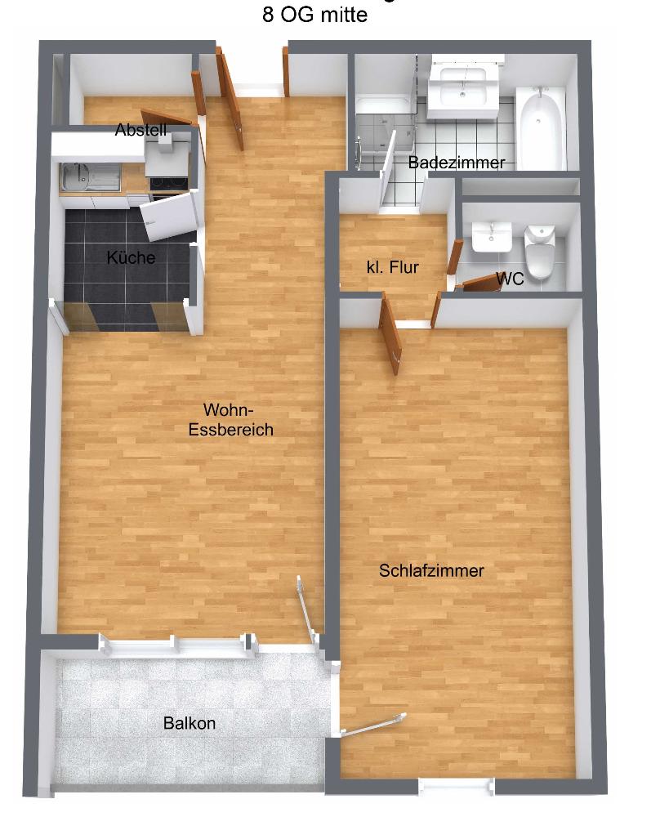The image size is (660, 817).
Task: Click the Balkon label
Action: pyautogui.click(x=189, y=723)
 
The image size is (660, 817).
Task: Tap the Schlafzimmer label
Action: pyautogui.click(x=431, y=570)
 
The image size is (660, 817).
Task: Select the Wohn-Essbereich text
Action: pyautogui.click(x=231, y=419)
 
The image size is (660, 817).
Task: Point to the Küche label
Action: pyautogui.click(x=131, y=257)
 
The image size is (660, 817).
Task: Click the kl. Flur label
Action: pyautogui.click(x=393, y=267)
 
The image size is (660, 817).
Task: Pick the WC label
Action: pyautogui.click(x=510, y=279)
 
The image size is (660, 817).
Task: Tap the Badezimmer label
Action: pyautogui.click(x=457, y=163)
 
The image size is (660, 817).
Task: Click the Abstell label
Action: pyautogui.click(x=140, y=129)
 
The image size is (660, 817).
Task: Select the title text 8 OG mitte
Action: pyautogui.click(x=314, y=14)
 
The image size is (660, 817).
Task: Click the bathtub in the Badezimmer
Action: pyautogui.click(x=541, y=128)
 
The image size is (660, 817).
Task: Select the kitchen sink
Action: pyautogui.click(x=90, y=177)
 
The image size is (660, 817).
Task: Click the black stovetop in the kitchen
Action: pyautogui.click(x=168, y=183)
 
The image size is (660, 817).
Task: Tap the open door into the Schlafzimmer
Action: pyautogui.click(x=390, y=333)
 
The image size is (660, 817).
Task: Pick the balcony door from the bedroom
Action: pyautogui.click(x=373, y=725)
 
